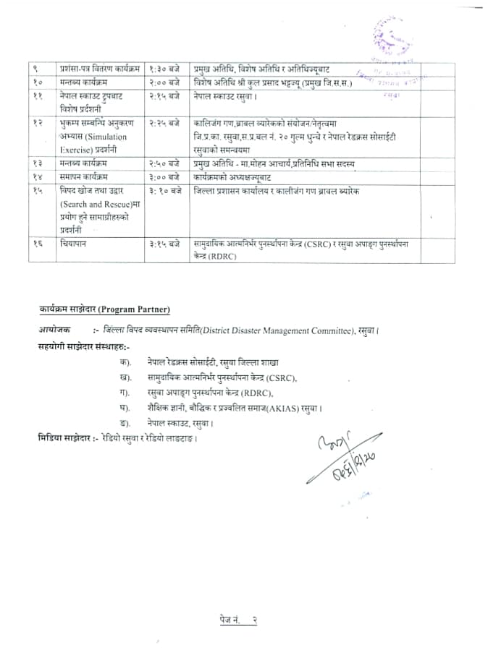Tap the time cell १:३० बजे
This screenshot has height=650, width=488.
coord(163,68)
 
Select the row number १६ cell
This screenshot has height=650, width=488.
coord(38,245)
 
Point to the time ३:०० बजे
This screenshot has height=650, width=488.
coord(163,177)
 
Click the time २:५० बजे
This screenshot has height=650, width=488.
coord(163,164)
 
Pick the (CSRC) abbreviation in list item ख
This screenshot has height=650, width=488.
coord(281,377)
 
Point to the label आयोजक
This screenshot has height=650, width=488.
coord(55,330)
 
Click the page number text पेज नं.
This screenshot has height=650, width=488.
coord(230,620)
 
